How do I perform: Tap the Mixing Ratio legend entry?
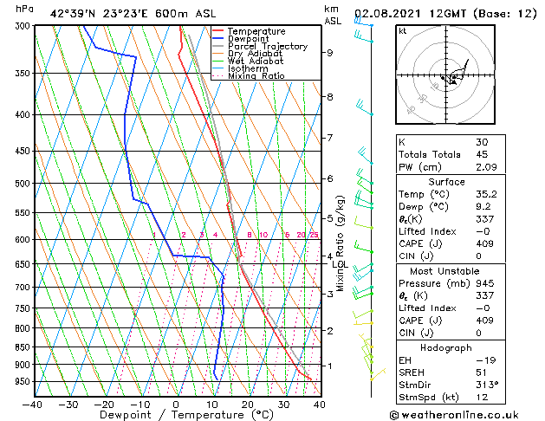click(256, 76)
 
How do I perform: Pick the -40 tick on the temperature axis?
click(33, 405)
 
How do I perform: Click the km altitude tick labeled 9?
click(330, 53)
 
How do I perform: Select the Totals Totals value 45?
click(482, 153)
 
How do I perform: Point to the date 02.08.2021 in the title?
click(389, 13)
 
